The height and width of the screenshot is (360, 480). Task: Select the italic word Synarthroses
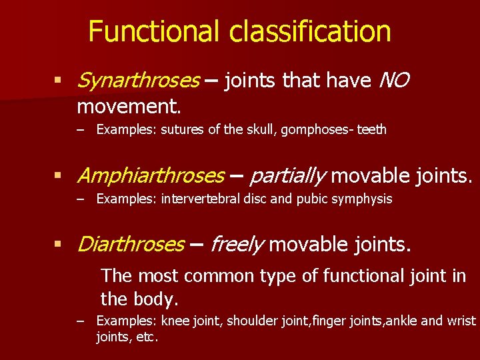(x=138, y=81)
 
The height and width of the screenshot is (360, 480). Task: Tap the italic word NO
(x=393, y=81)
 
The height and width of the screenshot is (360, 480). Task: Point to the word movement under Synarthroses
(x=129, y=105)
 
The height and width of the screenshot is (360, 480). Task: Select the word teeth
(x=371, y=129)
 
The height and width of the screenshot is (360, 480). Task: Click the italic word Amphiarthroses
(x=151, y=176)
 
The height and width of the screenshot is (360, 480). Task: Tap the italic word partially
(x=288, y=176)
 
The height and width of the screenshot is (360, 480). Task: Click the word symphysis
(x=367, y=199)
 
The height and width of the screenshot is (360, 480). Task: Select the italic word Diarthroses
(x=131, y=245)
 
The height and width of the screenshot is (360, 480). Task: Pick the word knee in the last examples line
(x=175, y=321)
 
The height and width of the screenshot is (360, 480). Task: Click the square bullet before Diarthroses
(x=59, y=245)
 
